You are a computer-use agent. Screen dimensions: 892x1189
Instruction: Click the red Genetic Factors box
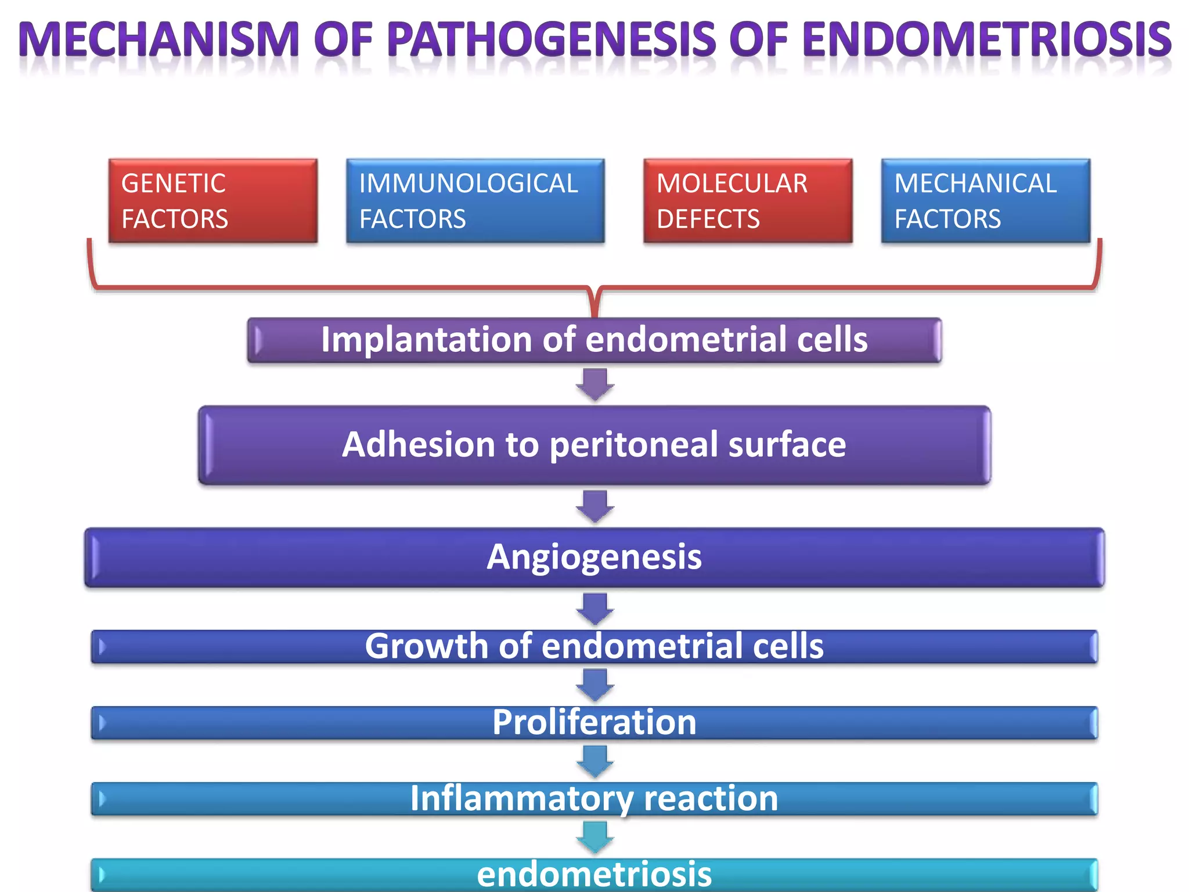click(212, 200)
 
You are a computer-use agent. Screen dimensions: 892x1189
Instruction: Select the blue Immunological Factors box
click(475, 200)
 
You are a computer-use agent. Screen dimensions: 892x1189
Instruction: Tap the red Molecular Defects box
click(748, 200)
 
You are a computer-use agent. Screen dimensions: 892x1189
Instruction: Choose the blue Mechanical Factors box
click(985, 200)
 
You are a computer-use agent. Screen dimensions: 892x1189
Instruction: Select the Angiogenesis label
click(594, 557)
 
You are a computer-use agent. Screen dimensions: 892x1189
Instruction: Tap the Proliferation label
click(594, 722)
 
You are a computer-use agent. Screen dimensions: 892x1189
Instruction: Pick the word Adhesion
click(418, 444)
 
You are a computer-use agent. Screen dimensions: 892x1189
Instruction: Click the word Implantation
click(426, 339)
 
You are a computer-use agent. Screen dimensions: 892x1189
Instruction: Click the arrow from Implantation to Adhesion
click(595, 384)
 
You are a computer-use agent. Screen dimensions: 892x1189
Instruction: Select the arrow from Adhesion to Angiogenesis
click(595, 506)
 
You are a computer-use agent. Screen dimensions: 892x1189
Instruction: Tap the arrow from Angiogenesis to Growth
click(595, 608)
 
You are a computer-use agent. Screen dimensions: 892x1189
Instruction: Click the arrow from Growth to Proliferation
click(595, 685)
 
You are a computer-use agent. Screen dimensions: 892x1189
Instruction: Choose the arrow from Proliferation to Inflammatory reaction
click(595, 761)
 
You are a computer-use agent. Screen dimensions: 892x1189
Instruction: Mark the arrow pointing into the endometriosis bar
click(595, 837)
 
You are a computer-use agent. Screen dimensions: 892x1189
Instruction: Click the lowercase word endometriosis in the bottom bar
click(594, 875)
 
